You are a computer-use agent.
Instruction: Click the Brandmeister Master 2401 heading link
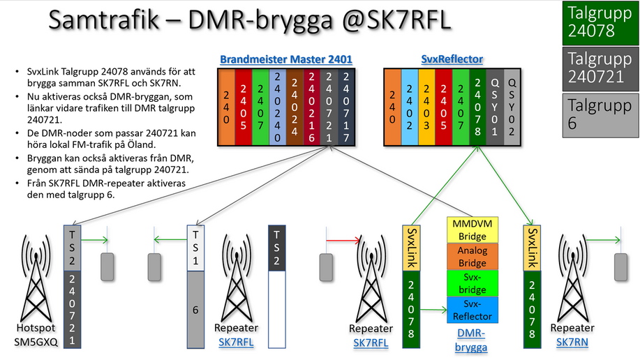click(x=285, y=59)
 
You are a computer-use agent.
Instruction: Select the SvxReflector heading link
click(x=452, y=59)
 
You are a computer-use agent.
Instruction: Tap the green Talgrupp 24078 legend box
click(x=600, y=22)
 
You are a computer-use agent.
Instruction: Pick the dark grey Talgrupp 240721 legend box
click(x=600, y=68)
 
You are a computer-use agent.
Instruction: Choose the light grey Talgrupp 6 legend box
click(x=600, y=115)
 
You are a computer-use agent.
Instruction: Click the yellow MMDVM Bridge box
click(x=472, y=230)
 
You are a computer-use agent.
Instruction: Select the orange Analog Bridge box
click(x=472, y=256)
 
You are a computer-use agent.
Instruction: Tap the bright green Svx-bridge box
click(x=472, y=283)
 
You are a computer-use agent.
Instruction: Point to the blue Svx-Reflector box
click(x=472, y=310)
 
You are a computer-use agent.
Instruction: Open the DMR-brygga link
click(x=471, y=340)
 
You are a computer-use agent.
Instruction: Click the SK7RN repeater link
click(x=572, y=342)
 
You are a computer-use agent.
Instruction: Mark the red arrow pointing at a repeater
click(x=343, y=241)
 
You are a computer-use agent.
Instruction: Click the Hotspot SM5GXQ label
click(x=36, y=335)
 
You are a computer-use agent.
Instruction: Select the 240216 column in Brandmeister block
click(x=312, y=107)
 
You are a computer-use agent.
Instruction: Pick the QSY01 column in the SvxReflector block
click(x=495, y=107)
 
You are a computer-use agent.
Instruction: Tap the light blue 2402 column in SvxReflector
click(x=410, y=107)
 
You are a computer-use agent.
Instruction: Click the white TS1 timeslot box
click(x=195, y=248)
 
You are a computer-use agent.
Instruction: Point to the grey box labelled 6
click(x=195, y=310)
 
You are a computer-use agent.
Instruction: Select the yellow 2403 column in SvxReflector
click(x=426, y=107)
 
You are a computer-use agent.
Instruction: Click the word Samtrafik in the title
click(x=104, y=19)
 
